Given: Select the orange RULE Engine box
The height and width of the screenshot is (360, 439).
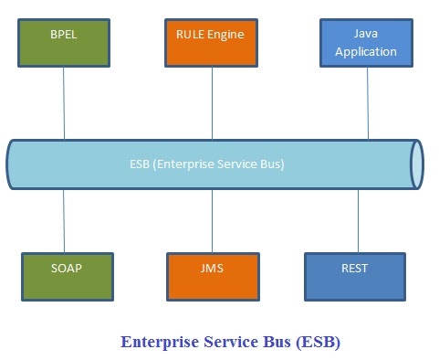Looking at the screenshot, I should (x=212, y=42).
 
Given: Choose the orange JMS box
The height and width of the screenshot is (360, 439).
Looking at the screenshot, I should (x=212, y=276).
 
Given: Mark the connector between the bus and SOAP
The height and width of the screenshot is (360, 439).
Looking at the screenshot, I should (x=64, y=220).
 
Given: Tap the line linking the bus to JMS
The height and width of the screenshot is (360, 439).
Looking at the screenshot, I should (x=212, y=220).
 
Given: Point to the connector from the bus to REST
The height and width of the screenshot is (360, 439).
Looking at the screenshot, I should (x=358, y=220).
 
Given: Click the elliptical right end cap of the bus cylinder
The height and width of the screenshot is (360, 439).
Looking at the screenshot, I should (x=417, y=164).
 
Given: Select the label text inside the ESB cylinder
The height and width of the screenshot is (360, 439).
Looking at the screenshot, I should (x=206, y=164).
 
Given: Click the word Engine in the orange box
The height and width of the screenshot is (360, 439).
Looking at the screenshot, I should (x=230, y=35).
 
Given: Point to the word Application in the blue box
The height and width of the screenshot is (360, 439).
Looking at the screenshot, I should (x=366, y=51).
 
